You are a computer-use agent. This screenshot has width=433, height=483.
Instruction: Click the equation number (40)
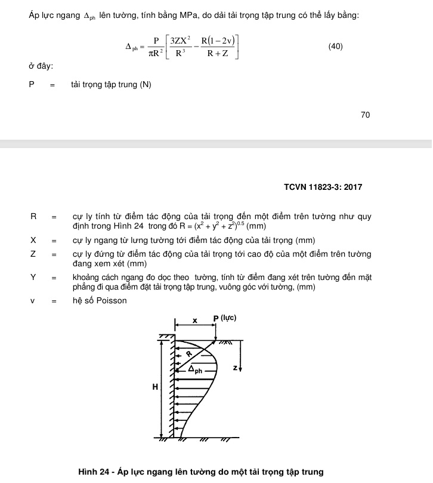tap(335, 46)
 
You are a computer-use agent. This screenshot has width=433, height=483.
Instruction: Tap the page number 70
tap(365, 115)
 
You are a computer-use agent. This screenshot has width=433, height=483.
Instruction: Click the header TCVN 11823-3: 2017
tap(323, 187)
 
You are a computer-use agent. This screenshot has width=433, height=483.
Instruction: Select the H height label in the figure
tap(155, 387)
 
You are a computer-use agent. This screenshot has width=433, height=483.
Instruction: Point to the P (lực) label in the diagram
tap(225, 318)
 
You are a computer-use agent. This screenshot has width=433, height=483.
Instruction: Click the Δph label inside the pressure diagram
tap(196, 370)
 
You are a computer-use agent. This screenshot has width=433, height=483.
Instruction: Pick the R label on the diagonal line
tap(190, 353)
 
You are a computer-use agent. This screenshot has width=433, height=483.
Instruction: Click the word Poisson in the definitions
tap(110, 300)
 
